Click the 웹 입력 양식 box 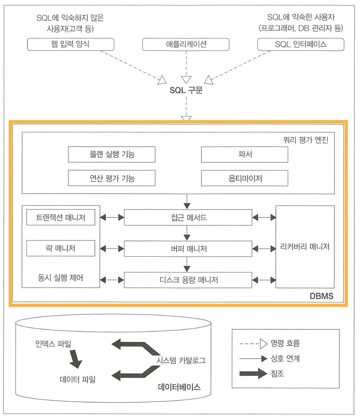click(70, 44)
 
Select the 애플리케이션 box click(186, 44)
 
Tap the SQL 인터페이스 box click(301, 44)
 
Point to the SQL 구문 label click(186, 90)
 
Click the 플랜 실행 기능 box click(112, 154)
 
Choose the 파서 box click(245, 154)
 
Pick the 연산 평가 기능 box click(112, 178)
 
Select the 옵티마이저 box click(245, 178)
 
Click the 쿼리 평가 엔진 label click(306, 140)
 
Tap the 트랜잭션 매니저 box click(61, 218)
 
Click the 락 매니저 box click(61, 248)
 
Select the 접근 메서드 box click(188, 218)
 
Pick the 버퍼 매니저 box click(188, 249)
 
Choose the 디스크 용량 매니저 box click(188, 280)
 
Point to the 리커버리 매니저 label click(305, 247)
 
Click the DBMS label click(321, 296)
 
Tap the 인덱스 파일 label click(53, 344)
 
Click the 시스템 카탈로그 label click(181, 360)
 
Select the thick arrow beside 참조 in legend click(253, 374)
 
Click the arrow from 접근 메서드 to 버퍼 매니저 click(187, 233)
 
